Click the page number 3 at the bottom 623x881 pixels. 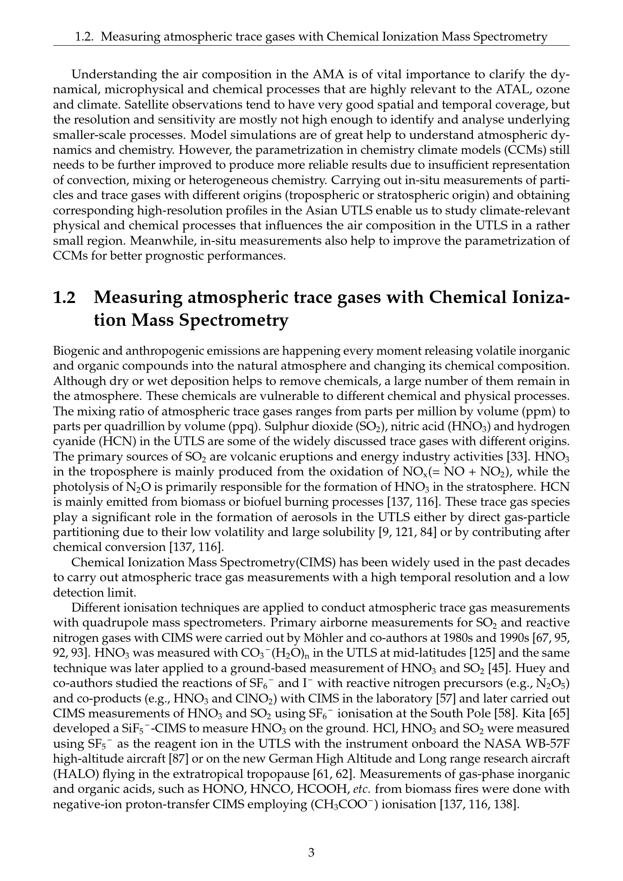311,853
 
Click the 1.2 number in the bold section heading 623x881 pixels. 65,297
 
